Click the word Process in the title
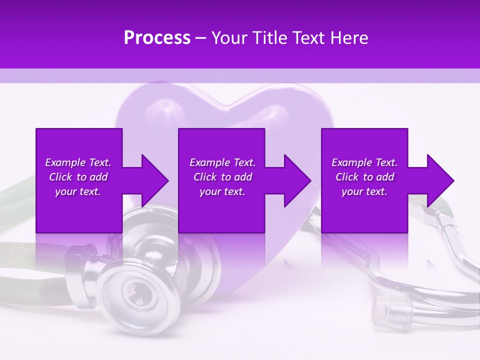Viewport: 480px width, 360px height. (157, 38)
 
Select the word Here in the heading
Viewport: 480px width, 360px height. (350, 38)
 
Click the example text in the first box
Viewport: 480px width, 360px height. (78, 177)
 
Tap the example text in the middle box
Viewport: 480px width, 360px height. (222, 177)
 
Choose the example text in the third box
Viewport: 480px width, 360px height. (364, 177)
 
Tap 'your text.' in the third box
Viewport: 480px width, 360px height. (364, 191)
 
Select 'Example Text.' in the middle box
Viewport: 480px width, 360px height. (222, 162)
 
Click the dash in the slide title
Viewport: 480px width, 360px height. (201, 38)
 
